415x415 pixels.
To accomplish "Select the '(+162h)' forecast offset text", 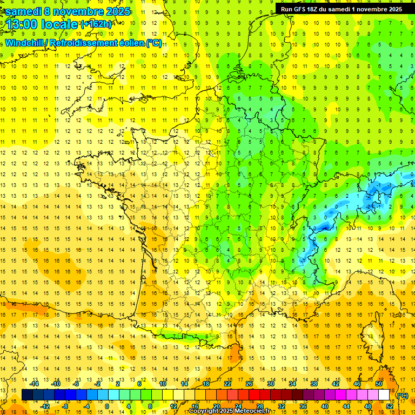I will (96, 24).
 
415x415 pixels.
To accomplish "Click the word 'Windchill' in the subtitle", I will (25, 43).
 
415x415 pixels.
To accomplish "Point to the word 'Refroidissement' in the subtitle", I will (97, 43).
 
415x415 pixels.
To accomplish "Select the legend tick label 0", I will (107, 406).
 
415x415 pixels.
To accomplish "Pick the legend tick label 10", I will (162, 384).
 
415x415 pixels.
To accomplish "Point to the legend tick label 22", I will (227, 384).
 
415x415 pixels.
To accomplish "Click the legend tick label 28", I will (260, 406).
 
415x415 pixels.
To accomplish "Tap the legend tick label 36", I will (304, 406).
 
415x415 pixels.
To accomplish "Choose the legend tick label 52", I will (390, 406).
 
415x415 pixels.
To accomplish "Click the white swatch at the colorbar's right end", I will (384, 394).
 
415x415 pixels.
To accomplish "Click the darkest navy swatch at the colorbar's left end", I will (27, 394).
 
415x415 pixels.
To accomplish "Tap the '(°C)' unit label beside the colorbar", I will (402, 395).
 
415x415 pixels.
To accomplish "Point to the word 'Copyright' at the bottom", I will (205, 411).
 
